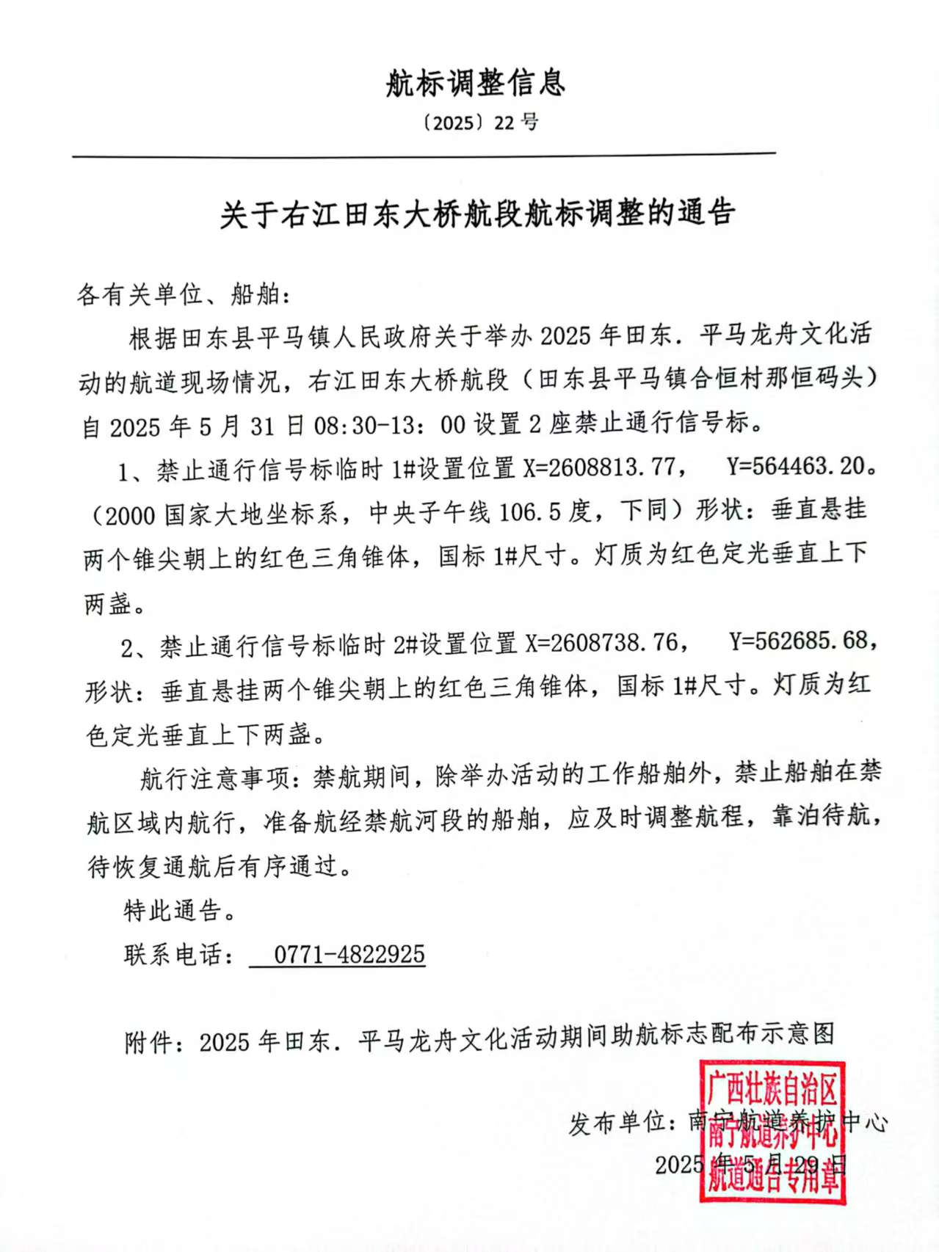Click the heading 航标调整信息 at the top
(475, 83)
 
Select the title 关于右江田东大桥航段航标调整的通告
(477, 214)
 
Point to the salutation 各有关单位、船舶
(184, 295)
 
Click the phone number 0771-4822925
(349, 955)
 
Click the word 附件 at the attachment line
(148, 1042)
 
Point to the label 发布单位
(617, 1123)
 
